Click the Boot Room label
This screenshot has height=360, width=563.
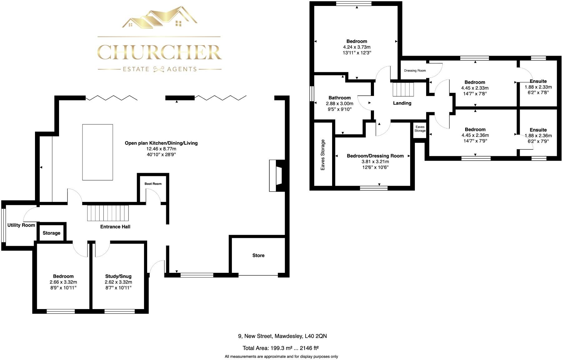[x=153, y=184]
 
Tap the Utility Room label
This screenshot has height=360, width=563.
[x=21, y=225]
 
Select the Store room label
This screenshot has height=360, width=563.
[x=258, y=255]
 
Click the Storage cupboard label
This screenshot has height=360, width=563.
[x=52, y=233]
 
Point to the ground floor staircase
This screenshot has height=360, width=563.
[x=108, y=213]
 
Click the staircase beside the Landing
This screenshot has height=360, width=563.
[x=403, y=89]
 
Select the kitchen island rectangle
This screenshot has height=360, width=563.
[x=97, y=152]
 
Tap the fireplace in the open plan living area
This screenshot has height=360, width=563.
[x=277, y=176]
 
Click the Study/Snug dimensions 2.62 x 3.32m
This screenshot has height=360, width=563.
[x=118, y=282]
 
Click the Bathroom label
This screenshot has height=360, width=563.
[x=340, y=98]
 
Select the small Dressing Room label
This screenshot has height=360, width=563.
[x=415, y=71]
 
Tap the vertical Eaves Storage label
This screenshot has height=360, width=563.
[x=323, y=155]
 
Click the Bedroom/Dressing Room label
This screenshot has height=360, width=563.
[x=375, y=156]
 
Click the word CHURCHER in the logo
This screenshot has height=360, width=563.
[x=159, y=52]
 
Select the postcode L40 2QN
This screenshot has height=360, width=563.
[x=316, y=336]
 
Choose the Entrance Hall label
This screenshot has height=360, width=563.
[x=115, y=227]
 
